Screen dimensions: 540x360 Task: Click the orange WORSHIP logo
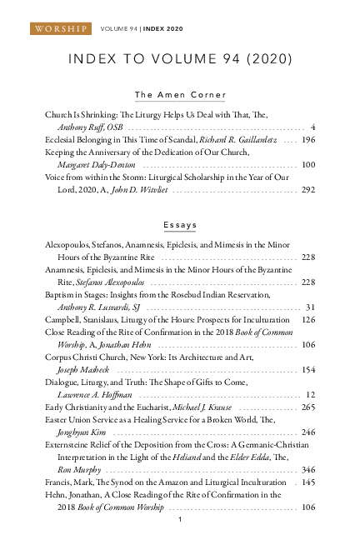[61, 29]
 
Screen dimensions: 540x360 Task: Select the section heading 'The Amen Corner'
[180, 95]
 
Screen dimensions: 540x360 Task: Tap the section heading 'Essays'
[180, 226]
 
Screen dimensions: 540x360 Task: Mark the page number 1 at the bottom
[180, 519]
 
